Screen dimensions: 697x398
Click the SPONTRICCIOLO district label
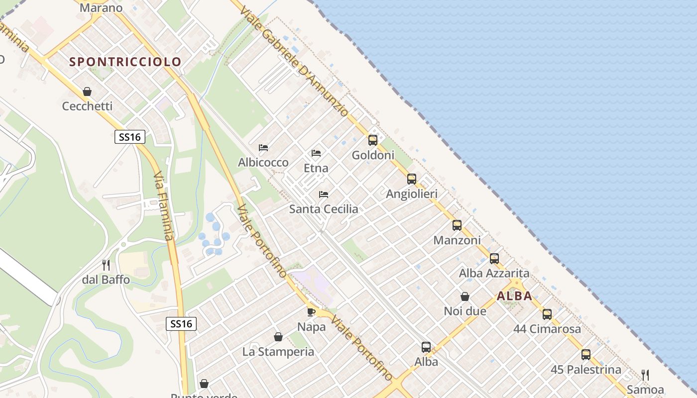coord(125,62)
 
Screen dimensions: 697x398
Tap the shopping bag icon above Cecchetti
coord(87,92)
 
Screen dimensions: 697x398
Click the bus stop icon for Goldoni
coord(373,140)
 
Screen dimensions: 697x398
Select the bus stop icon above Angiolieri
coord(411,179)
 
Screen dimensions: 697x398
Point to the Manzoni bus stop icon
coord(457,225)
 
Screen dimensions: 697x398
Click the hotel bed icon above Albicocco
coord(263,148)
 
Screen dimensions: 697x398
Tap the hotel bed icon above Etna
coord(316,153)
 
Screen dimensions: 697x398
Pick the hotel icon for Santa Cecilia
coord(324,195)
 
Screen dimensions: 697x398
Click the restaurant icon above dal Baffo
coord(106,265)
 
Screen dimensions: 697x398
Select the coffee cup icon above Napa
coord(311,312)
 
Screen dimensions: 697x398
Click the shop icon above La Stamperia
coord(278,337)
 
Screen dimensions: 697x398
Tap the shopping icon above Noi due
coord(465,297)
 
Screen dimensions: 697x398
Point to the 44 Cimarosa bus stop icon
coord(547,314)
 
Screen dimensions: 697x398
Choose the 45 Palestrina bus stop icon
coord(586,355)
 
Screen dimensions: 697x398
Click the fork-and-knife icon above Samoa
coord(645,375)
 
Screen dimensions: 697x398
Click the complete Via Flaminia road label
coord(164,206)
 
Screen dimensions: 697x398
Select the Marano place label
coord(101,8)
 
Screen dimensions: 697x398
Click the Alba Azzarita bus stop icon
coord(494,259)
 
